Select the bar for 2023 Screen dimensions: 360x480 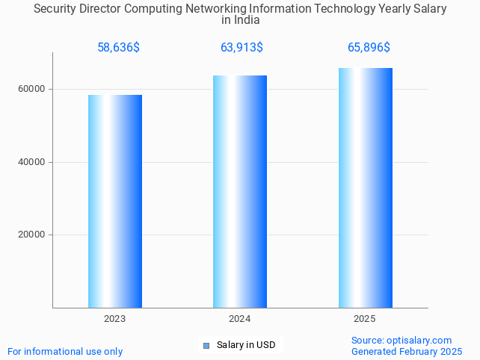coord(115,201)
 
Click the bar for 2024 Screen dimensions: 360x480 coord(240,191)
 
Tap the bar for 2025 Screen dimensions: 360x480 coord(365,187)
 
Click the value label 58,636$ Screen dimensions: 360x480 coord(118,48)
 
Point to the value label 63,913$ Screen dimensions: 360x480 coord(241,48)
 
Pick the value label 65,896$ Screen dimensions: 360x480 coord(369,48)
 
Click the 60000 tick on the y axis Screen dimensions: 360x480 coord(31,89)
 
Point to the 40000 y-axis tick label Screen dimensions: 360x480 coord(31,162)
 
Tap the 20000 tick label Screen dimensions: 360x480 coord(31,235)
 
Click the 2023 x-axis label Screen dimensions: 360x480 coord(115,319)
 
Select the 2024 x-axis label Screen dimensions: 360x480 coord(240,319)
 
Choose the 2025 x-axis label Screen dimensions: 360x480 coord(365,319)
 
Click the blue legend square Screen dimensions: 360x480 coord(206,345)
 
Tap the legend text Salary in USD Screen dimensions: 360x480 coord(246,345)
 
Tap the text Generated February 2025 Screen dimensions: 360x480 coord(406,351)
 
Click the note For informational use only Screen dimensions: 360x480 coord(65,351)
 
